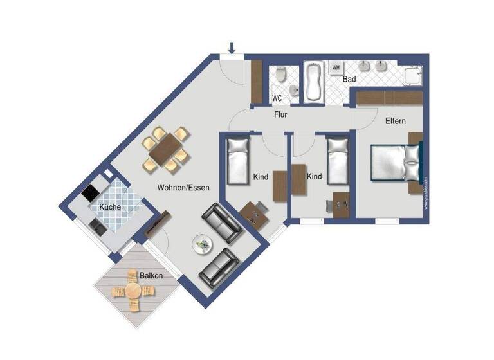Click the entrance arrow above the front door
[x=232, y=47]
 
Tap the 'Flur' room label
[x=280, y=115]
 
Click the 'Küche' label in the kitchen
[x=109, y=207]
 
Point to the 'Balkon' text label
[x=151, y=275]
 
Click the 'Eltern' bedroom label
[x=396, y=121]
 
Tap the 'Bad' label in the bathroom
[x=349, y=80]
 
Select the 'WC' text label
[x=277, y=98]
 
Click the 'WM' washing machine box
[x=336, y=67]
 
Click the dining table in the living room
[x=166, y=149]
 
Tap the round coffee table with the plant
[x=204, y=243]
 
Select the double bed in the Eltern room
[x=394, y=164]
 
